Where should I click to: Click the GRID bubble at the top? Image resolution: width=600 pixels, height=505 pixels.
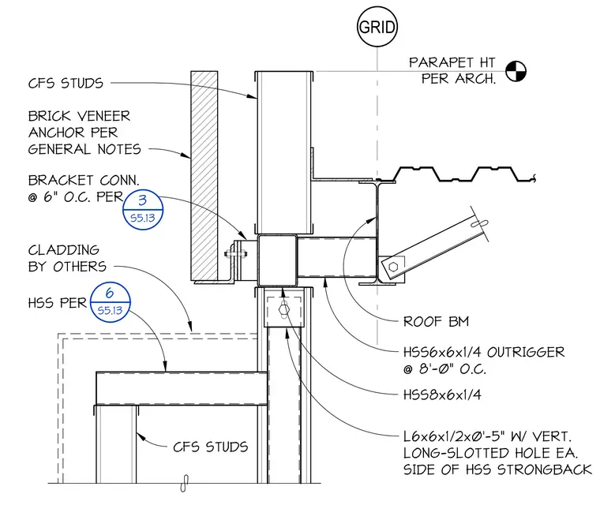(x=377, y=27)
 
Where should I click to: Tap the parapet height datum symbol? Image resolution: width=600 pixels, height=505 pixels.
(x=516, y=71)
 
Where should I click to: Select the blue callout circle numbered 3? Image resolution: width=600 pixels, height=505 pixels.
(x=143, y=210)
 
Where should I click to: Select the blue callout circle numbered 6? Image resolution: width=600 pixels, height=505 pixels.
(x=111, y=302)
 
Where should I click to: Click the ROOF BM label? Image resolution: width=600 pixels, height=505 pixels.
(x=437, y=321)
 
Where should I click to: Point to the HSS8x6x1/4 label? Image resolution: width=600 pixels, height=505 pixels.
(x=442, y=395)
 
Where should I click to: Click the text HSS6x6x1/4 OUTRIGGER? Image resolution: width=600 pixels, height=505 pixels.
(x=484, y=352)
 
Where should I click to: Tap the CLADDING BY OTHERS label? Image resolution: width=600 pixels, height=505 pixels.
(x=67, y=258)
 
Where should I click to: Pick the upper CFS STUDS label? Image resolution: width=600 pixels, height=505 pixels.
(x=66, y=83)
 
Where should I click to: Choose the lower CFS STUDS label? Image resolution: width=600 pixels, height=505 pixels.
(x=211, y=447)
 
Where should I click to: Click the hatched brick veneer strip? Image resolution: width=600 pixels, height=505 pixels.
(x=204, y=175)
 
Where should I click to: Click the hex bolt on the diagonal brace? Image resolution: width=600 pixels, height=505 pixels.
(x=393, y=267)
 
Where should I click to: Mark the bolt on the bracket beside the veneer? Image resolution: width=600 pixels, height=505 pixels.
(x=236, y=253)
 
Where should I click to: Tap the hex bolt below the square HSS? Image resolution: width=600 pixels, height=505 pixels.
(x=284, y=309)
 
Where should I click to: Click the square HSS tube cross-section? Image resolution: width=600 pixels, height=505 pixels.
(x=277, y=260)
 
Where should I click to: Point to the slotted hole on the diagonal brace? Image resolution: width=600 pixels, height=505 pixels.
(x=479, y=223)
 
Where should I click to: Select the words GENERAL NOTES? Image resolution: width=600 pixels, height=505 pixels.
(x=84, y=149)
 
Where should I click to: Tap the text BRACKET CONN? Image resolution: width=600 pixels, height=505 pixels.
(x=84, y=180)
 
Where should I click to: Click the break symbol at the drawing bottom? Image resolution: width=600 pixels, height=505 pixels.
(x=185, y=483)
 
